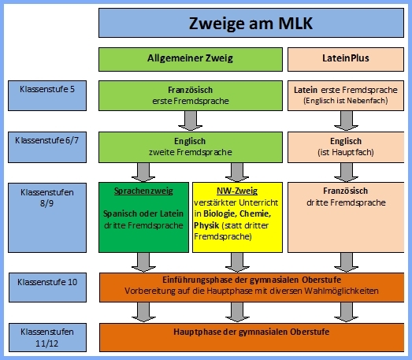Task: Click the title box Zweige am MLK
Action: (x=251, y=23)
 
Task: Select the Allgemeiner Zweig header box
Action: (x=191, y=59)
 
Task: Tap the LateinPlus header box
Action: (x=346, y=59)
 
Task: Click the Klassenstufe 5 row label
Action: (x=47, y=95)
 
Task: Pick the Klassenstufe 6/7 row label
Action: (x=47, y=147)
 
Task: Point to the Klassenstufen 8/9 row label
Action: (x=47, y=218)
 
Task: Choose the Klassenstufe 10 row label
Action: (x=47, y=288)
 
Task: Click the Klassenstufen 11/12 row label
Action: (x=47, y=337)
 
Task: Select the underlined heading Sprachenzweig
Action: (x=143, y=191)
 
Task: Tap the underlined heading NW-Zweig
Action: (x=237, y=191)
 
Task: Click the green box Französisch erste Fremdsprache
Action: (x=191, y=95)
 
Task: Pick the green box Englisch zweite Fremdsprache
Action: (x=191, y=147)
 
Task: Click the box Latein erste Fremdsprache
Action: (x=346, y=95)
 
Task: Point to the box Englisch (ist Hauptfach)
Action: (x=346, y=147)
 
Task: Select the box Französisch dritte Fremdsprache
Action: (x=346, y=217)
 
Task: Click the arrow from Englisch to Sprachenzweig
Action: (x=143, y=173)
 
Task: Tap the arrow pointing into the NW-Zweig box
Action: (x=237, y=173)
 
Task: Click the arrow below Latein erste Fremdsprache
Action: (x=347, y=121)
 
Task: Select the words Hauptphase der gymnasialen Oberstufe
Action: (x=251, y=332)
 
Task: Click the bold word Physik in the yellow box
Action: (x=206, y=225)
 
